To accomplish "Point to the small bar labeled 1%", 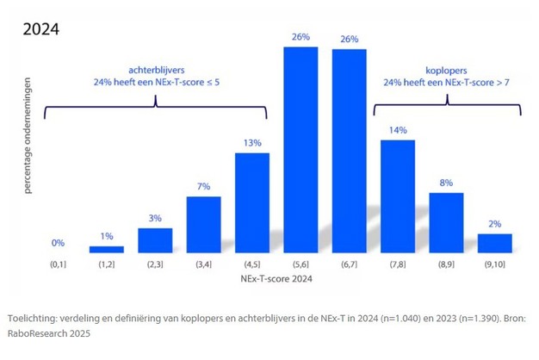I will (107, 249).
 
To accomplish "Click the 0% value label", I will (58, 243).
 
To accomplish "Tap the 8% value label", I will (446, 183).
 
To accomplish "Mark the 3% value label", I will (155, 218).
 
